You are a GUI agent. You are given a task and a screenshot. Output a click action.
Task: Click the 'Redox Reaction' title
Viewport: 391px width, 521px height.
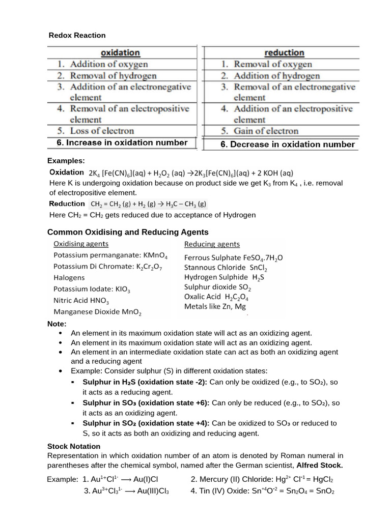[x=77, y=35]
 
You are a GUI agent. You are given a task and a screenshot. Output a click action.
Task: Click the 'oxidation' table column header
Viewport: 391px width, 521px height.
[x=121, y=52]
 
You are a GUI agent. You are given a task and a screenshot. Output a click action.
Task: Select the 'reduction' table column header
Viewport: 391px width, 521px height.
[x=284, y=52]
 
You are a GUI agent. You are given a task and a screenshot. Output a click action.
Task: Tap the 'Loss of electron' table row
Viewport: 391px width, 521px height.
[x=102, y=131]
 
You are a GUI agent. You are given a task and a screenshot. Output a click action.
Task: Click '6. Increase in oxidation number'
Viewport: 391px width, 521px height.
[x=122, y=143]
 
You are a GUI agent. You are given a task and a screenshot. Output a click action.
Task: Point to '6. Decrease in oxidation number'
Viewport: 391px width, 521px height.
[x=287, y=144]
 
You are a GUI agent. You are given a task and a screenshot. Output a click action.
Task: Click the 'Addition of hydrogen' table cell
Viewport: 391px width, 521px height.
[x=276, y=76]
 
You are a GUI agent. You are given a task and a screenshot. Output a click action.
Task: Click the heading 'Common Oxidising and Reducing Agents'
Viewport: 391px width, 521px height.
[x=128, y=232]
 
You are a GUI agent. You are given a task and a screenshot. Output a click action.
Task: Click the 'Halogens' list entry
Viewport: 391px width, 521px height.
[x=69, y=278]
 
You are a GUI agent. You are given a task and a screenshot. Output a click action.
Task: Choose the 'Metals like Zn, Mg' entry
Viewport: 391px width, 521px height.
[x=216, y=306]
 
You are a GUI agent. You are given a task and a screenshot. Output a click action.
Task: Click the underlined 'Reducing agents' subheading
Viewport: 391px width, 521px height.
[x=212, y=244]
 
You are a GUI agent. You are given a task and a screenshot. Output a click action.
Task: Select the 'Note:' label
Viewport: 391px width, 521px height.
[x=57, y=324]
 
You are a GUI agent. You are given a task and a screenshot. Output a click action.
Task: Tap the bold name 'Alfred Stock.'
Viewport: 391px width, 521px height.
[x=320, y=465]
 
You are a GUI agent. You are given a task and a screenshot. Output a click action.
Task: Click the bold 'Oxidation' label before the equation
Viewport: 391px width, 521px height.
[x=67, y=172]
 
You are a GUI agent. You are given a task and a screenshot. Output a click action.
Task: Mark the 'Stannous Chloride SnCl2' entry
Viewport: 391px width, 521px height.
[x=226, y=268]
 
